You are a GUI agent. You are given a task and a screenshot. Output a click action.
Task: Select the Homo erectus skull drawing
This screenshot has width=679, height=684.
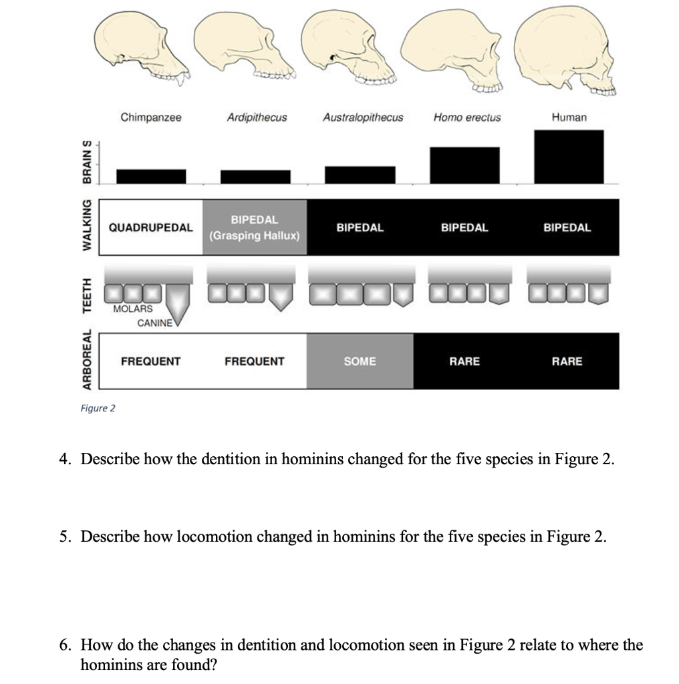click(x=461, y=53)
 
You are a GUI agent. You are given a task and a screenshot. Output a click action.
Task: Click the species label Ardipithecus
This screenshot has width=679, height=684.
click(x=257, y=118)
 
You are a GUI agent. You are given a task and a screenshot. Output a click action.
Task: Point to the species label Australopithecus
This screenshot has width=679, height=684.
click(x=363, y=118)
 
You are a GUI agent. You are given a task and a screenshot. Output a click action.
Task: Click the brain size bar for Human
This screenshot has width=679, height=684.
click(x=569, y=157)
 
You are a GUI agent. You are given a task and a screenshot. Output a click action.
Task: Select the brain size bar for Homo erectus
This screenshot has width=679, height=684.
click(x=464, y=165)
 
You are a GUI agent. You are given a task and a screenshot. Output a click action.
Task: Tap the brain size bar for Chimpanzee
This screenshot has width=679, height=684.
click(x=151, y=176)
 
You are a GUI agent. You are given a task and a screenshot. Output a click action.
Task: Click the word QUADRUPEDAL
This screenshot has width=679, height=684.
click(x=150, y=228)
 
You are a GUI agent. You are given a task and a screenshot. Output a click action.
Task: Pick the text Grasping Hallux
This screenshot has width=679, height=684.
click(x=255, y=236)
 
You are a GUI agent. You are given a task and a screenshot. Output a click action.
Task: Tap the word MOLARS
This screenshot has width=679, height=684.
click(x=132, y=309)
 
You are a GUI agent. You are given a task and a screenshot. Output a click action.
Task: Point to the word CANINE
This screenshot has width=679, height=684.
click(x=154, y=323)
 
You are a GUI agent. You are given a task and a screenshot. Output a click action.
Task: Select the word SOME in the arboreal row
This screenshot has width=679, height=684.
click(x=360, y=361)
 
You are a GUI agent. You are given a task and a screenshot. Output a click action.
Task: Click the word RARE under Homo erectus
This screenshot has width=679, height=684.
click(x=464, y=361)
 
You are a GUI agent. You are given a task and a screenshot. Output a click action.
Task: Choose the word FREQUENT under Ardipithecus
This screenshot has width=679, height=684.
click(x=254, y=361)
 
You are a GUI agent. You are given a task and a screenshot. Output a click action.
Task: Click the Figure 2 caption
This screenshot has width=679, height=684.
click(x=98, y=408)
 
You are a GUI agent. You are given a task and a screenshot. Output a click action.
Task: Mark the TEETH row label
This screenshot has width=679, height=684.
click(x=86, y=295)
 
